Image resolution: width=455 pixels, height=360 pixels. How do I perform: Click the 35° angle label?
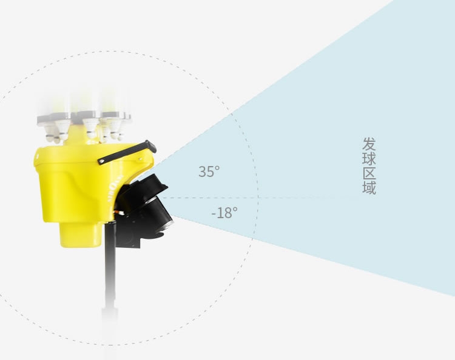pos(209,172)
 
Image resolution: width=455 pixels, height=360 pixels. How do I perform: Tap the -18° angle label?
pos(224,213)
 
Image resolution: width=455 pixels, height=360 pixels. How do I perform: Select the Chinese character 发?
pos(369,144)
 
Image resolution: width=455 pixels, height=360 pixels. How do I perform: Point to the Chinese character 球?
pos(369,159)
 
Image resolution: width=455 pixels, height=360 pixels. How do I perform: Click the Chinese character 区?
pos(369,173)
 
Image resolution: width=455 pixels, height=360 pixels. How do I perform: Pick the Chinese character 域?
pos(369,187)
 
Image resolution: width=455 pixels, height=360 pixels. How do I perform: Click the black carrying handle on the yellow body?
pos(127,153)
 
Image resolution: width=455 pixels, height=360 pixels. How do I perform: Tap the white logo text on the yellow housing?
pos(116,192)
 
